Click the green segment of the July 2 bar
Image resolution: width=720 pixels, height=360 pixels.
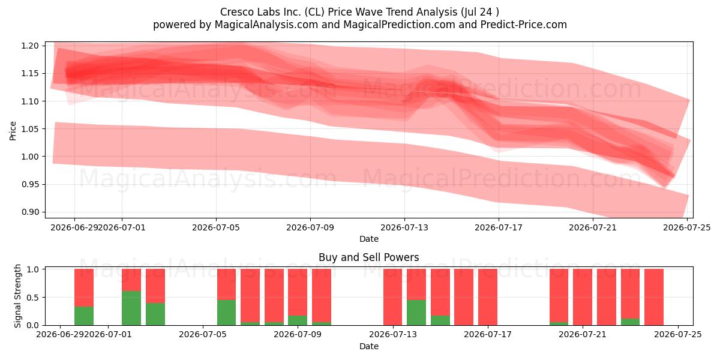click(131, 308)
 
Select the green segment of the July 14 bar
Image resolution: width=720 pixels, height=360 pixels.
click(416, 313)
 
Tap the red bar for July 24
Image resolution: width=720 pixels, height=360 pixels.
click(654, 297)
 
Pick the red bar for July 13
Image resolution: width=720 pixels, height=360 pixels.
click(392, 297)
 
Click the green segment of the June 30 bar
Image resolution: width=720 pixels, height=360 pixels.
click(84, 316)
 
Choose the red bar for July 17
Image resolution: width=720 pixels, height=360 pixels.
click(488, 297)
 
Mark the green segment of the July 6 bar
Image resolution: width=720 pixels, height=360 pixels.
click(226, 313)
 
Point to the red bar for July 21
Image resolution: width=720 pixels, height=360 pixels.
click(583, 297)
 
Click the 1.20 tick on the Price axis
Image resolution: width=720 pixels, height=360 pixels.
click(30, 46)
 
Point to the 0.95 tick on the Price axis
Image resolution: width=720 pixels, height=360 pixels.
click(30, 185)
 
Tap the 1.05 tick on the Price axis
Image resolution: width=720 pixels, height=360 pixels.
click(30, 129)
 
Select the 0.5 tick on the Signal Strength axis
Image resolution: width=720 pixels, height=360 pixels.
click(32, 298)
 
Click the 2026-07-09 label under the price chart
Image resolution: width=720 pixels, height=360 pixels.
click(310, 227)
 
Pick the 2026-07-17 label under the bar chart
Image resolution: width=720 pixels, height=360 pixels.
click(488, 334)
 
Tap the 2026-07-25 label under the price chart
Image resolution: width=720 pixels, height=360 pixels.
click(687, 227)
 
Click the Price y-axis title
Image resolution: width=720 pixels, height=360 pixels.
click(13, 131)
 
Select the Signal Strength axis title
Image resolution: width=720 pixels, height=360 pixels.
click(17, 296)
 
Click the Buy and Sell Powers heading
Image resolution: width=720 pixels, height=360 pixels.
click(368, 257)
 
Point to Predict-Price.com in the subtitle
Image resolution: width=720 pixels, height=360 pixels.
click(524, 25)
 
